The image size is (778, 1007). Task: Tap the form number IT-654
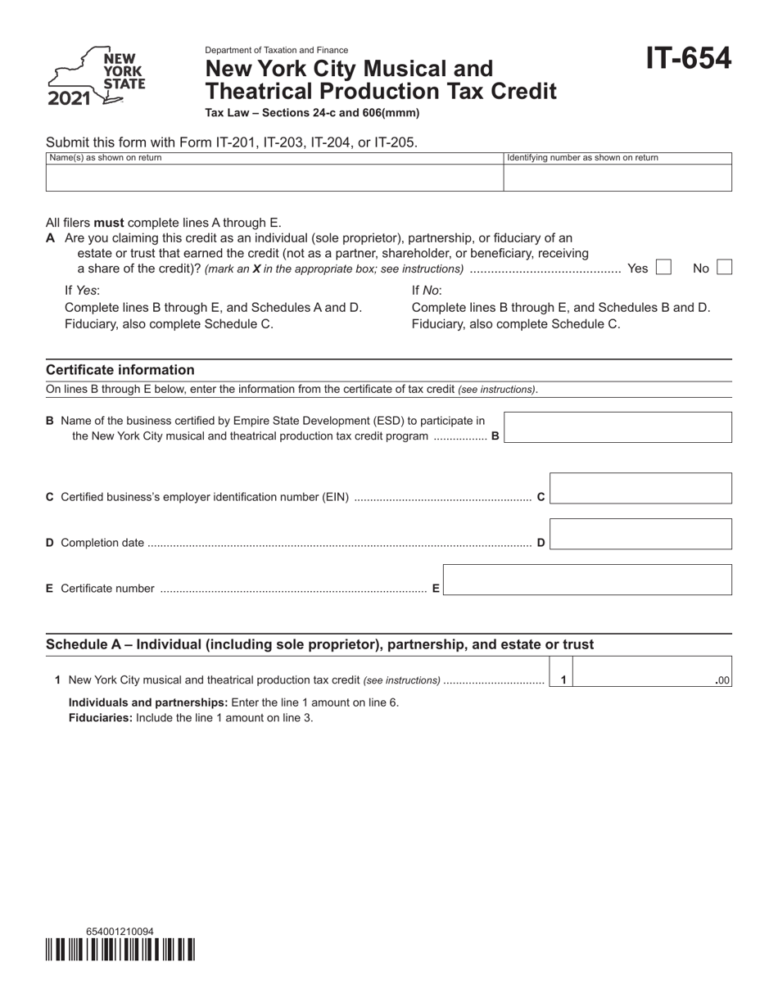(x=688, y=59)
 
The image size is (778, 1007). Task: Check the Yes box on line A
(x=663, y=268)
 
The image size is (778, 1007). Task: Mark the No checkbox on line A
(x=724, y=268)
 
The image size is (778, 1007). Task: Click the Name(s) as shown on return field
(x=274, y=178)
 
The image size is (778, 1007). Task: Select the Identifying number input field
(x=617, y=178)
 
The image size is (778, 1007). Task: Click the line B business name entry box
(x=617, y=427)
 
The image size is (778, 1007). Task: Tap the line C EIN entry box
(x=640, y=488)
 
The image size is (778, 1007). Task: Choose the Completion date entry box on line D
(x=640, y=534)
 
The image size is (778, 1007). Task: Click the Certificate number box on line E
(x=586, y=580)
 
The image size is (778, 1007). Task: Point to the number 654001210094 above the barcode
(x=119, y=932)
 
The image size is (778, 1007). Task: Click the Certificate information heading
(x=120, y=370)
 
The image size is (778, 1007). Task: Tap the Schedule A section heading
(x=319, y=644)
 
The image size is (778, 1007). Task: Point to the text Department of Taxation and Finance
(x=276, y=50)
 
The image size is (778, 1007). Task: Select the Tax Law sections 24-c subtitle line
(x=311, y=113)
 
